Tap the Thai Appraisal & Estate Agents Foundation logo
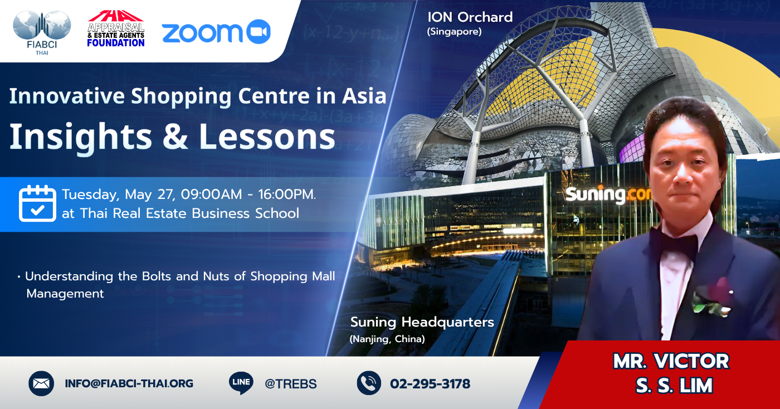(116, 28)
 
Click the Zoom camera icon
(259, 32)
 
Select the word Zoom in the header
(202, 33)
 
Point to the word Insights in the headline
(81, 137)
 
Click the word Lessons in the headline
(267, 137)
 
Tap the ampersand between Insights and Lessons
(175, 137)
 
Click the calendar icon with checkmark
(37, 203)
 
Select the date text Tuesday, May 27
(118, 194)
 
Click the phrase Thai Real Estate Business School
(189, 213)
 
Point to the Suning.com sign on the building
(608, 195)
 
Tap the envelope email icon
(41, 383)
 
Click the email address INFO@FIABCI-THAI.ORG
(129, 383)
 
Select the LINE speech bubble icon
(241, 383)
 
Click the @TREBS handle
(290, 384)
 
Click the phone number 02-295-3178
(430, 384)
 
